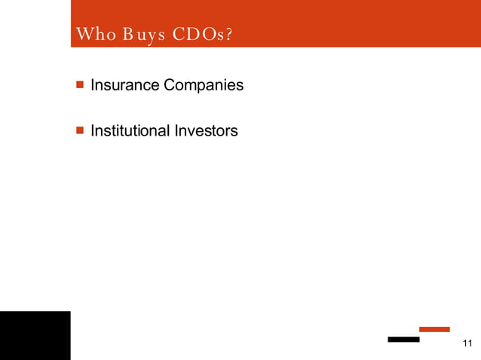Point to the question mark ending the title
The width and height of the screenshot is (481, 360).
click(228, 35)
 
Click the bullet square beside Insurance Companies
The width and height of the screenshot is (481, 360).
click(80, 85)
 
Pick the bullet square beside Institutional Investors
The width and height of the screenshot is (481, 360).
click(80, 131)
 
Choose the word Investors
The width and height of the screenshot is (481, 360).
click(206, 131)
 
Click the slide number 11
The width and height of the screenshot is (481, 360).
click(467, 344)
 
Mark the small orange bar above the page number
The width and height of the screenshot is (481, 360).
click(434, 329)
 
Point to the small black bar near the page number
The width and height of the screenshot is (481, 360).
click(403, 340)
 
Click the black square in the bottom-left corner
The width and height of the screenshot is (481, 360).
click(35, 335)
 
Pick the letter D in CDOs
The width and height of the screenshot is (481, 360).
click(194, 35)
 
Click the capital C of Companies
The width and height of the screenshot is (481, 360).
click(170, 85)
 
